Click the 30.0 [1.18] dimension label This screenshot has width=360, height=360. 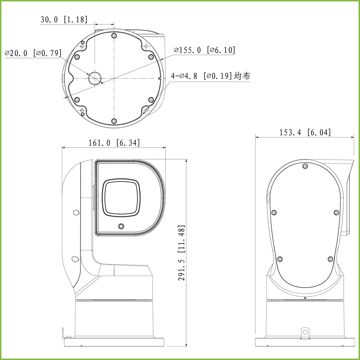click(x=64, y=20)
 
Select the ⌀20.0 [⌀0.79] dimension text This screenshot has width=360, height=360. click(x=33, y=53)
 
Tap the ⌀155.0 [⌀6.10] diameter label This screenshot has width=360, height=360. click(x=205, y=50)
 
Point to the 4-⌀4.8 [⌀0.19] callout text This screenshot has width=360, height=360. click(x=201, y=76)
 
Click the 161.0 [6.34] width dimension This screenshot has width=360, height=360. click(x=114, y=143)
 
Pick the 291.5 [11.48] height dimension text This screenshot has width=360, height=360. click(x=182, y=253)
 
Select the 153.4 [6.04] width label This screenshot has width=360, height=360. click(x=305, y=133)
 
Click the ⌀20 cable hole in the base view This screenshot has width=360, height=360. click(x=95, y=78)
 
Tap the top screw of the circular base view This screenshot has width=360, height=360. click(x=114, y=36)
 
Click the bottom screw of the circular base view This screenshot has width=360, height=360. click(x=114, y=121)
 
